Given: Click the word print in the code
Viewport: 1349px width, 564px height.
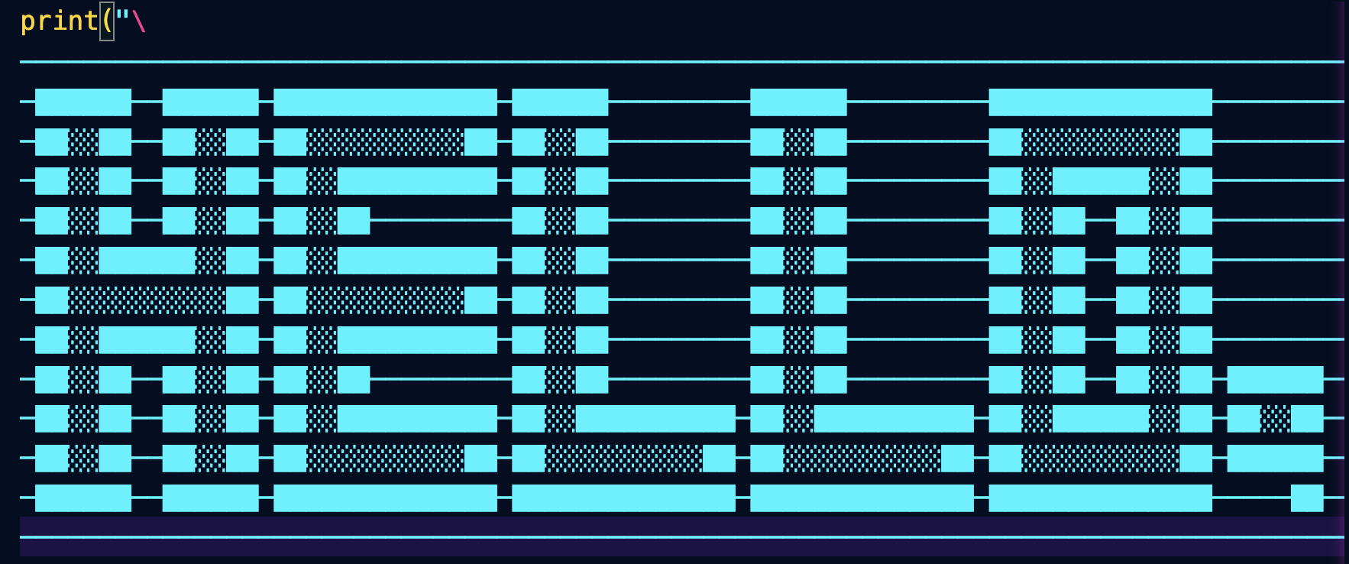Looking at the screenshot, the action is click(59, 21).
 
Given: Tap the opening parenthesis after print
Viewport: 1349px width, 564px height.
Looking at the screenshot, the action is click(107, 21).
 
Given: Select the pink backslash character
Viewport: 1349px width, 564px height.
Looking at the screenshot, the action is click(138, 21).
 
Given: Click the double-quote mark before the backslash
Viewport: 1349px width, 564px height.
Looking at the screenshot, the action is click(122, 17).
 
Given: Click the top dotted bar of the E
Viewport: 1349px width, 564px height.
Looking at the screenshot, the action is click(385, 141).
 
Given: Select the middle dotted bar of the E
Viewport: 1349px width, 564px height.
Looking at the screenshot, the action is click(385, 300).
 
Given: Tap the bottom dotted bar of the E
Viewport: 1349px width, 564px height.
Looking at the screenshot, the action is click(385, 458).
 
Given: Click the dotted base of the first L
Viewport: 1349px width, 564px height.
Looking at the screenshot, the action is click(623, 458).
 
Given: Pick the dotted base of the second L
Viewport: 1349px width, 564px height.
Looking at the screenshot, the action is click(862, 458).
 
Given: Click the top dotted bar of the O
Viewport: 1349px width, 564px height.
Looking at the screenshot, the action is click(1100, 141).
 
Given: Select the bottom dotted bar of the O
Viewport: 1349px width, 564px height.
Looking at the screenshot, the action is click(1100, 458).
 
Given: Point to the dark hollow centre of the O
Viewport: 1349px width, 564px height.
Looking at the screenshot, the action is click(1100, 300).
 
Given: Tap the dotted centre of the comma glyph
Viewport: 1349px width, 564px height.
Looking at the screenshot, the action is click(1275, 418).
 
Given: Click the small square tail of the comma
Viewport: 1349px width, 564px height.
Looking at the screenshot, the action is click(1307, 498).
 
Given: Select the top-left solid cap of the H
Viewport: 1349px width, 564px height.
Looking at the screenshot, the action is click(83, 102).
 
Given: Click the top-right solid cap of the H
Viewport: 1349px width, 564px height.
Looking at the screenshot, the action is click(210, 102).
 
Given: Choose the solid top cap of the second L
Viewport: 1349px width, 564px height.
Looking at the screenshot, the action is click(798, 102).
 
